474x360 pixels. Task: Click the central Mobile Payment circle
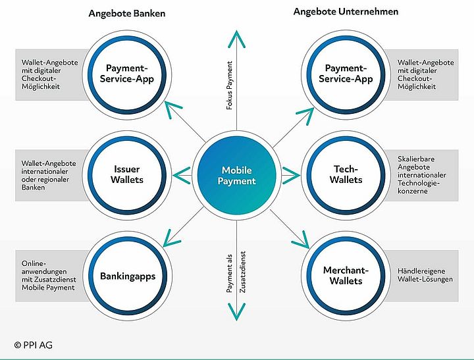point(236,175)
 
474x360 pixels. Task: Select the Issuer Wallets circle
point(126,174)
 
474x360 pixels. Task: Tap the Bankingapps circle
point(126,276)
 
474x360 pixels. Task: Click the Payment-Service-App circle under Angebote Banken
point(126,74)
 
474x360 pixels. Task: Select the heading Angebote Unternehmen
point(346,12)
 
